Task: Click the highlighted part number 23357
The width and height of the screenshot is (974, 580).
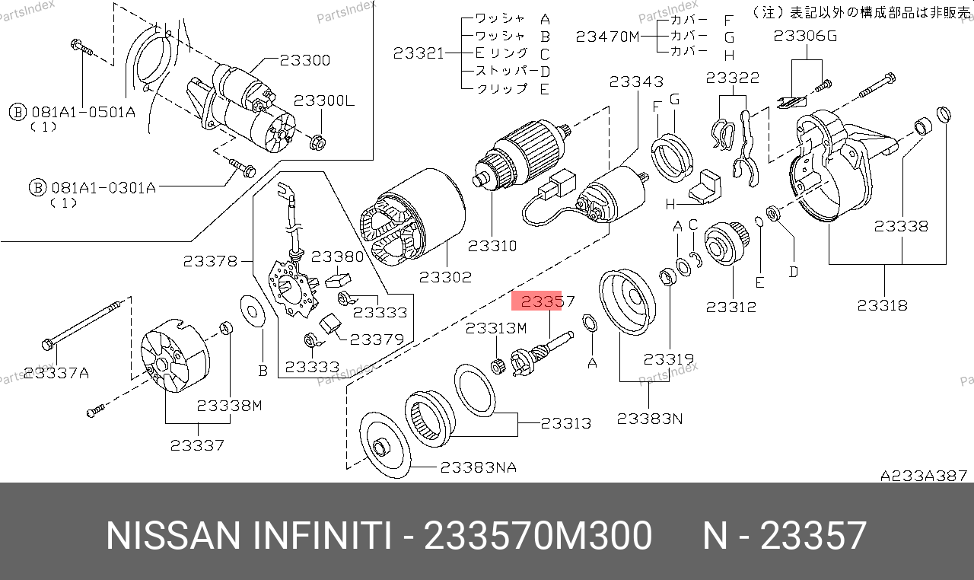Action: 547,301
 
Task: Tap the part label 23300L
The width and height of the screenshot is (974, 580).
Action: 324,101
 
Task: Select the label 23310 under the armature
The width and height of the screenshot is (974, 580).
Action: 492,246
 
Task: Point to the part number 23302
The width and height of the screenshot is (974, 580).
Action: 445,277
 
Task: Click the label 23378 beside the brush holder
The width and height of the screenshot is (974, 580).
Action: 210,261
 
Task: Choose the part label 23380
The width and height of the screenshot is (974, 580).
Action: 337,257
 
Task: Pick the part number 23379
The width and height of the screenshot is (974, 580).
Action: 377,339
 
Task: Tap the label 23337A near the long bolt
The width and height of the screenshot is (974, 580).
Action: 56,373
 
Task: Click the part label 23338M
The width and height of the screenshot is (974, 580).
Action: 229,406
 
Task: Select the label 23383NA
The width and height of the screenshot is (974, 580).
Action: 479,467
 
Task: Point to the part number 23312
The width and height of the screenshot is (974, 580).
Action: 731,307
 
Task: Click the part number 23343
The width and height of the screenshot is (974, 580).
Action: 636,81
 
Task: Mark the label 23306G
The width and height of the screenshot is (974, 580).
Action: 805,36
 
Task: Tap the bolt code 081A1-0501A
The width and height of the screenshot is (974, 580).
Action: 84,112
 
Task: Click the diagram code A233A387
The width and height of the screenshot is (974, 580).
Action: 924,476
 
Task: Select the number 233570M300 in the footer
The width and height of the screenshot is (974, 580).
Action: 538,535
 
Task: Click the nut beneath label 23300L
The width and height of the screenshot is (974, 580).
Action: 318,142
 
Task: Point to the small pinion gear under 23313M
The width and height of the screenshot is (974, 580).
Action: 498,367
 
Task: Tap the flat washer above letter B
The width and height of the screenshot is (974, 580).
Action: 253,311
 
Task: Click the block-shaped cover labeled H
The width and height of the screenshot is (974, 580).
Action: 705,188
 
